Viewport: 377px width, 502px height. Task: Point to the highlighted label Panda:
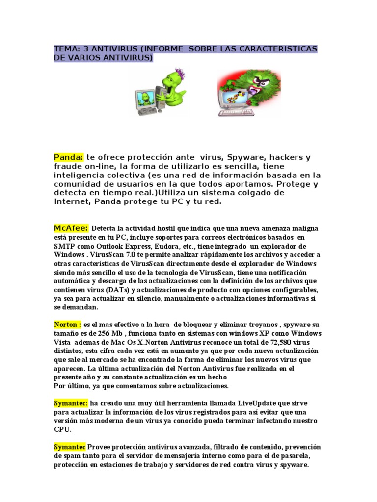68,157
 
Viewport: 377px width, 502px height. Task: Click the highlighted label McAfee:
71,228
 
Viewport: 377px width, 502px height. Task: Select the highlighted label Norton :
68,324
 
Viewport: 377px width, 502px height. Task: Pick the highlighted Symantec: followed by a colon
71,403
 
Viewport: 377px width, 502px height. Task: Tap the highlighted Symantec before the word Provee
70,447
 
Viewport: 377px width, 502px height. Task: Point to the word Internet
70,201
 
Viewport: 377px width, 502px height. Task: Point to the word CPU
62,429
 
